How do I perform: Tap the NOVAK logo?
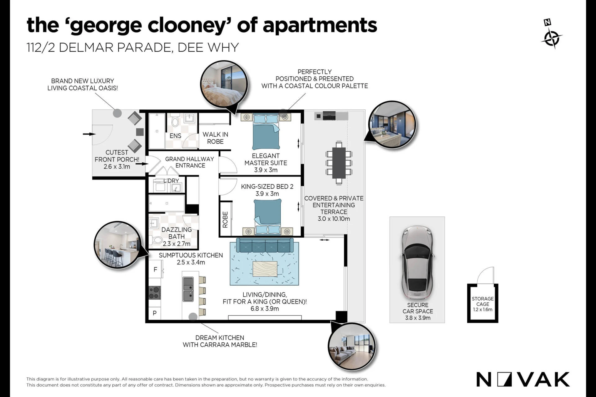pyautogui.click(x=523, y=379)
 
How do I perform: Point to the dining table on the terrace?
pyautogui.click(x=339, y=163)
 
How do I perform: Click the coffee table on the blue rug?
pyautogui.click(x=265, y=269)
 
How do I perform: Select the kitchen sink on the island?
pyautogui.click(x=188, y=289)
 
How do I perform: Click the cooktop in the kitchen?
pyautogui.click(x=155, y=293)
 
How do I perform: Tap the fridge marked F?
pyautogui.click(x=155, y=270)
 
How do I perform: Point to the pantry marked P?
pyautogui.click(x=155, y=313)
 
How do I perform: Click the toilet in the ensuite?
pyautogui.click(x=175, y=121)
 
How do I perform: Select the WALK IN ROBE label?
pyautogui.click(x=215, y=138)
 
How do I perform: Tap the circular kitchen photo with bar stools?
pyautogui.click(x=118, y=245)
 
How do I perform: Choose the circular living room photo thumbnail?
pyautogui.click(x=352, y=347)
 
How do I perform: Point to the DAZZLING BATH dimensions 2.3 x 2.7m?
pyautogui.click(x=177, y=244)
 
